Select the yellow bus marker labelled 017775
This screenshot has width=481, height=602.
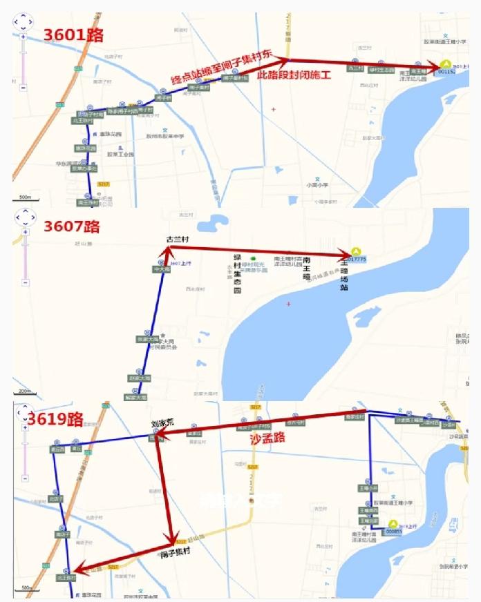coord(356,253)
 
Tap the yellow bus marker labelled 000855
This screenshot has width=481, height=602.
coord(393,527)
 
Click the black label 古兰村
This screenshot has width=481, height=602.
coord(178,240)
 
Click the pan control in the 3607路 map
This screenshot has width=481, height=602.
coord(24,217)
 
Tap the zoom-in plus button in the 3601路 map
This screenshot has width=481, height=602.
coord(23,37)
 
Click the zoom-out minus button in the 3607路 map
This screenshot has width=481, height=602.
coord(24,282)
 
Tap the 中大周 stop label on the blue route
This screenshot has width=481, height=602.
coord(160,271)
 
